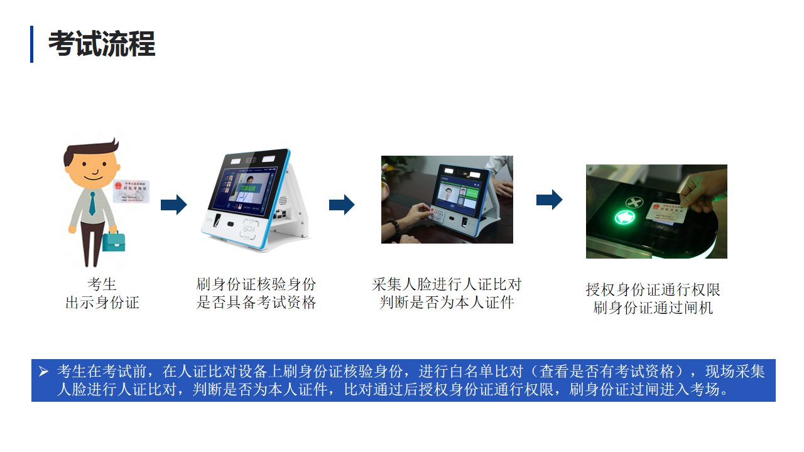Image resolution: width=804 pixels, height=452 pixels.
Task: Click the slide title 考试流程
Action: (x=102, y=45)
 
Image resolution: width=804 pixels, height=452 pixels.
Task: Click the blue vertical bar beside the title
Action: (x=32, y=45)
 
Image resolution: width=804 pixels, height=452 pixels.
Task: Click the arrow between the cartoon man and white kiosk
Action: (x=173, y=205)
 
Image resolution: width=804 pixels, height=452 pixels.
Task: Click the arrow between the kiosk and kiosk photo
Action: (x=342, y=205)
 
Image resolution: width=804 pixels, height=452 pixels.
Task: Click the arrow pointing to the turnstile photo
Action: (x=549, y=200)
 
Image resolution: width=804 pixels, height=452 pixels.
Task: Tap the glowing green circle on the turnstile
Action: (x=626, y=218)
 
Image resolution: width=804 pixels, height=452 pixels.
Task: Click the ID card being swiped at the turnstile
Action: (x=668, y=212)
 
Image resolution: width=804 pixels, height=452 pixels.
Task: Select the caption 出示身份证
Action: (x=102, y=303)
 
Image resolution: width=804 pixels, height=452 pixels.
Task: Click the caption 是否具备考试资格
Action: (x=256, y=303)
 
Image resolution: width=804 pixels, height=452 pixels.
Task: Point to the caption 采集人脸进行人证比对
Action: (x=447, y=284)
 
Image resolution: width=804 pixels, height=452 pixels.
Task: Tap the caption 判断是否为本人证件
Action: (x=447, y=303)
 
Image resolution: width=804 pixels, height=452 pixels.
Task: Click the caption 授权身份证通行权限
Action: (x=653, y=289)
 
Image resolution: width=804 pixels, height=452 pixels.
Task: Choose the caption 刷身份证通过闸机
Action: (x=653, y=308)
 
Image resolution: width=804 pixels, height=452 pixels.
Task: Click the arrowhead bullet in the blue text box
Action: (x=43, y=372)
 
